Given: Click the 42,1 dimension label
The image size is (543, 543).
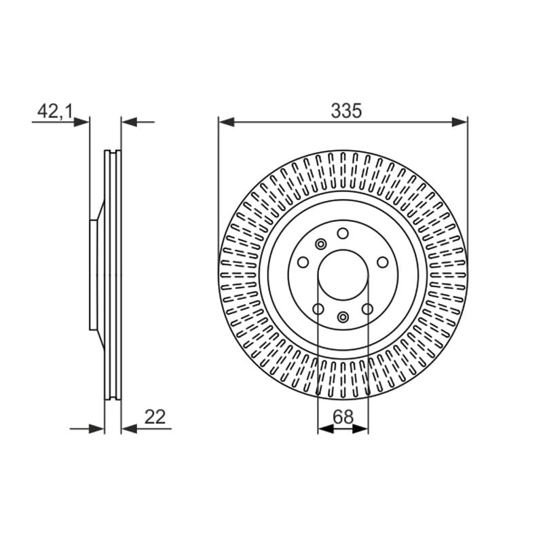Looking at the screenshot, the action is pos(55,111).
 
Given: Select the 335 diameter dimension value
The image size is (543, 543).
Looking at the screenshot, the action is pos(346,111).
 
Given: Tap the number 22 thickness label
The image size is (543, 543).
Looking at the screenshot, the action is pos(155,417).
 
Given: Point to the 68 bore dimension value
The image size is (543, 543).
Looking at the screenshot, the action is pos(343,417).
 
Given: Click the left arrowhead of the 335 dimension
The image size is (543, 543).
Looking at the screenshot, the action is pos(227,122).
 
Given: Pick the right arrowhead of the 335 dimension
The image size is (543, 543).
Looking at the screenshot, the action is pos(460,122).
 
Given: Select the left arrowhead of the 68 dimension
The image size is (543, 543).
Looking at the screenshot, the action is pos(326,429).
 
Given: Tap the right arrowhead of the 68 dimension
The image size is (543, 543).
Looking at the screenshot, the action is pos(360,429).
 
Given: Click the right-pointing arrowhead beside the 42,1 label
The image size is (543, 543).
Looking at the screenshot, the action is pos(81,122).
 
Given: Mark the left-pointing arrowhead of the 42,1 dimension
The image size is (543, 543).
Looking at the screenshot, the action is pos(129,122).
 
